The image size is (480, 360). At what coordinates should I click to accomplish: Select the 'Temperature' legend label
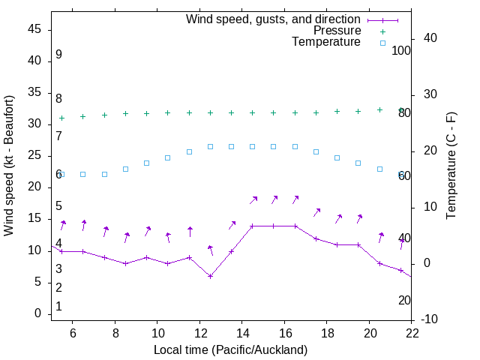pos(326,43)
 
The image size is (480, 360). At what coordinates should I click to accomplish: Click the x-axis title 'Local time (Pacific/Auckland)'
pos(230,349)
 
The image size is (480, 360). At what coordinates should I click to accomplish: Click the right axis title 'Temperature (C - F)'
pos(451,166)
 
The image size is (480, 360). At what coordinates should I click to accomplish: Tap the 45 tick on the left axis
pos(34,29)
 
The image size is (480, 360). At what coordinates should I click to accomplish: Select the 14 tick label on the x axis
pos(242,334)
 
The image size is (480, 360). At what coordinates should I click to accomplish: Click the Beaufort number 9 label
pos(58,55)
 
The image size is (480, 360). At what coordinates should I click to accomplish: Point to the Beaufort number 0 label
pos(58,307)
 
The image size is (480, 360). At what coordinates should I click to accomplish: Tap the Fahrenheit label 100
pos(401,50)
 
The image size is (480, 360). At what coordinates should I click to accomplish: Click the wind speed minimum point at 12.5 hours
pos(211,276)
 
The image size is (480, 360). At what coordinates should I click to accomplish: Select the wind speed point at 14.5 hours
pos(253,226)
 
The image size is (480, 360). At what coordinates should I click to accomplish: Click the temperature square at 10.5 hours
pos(168,157)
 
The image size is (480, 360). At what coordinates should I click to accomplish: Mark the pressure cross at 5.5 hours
pos(62,118)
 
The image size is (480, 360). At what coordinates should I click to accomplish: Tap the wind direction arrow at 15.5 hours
pos(274,199)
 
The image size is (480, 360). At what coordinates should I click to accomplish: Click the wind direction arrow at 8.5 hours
pos(127,237)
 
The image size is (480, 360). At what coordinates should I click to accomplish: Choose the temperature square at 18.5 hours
pos(337,157)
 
